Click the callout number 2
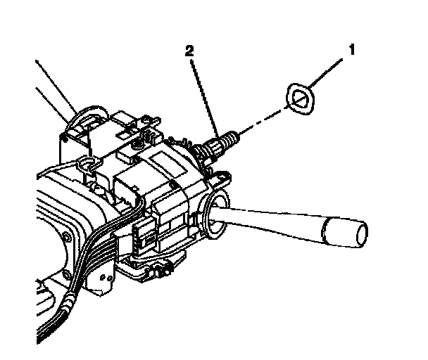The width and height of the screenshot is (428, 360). [x=188, y=51]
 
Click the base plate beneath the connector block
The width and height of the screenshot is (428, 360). [x=151, y=267]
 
